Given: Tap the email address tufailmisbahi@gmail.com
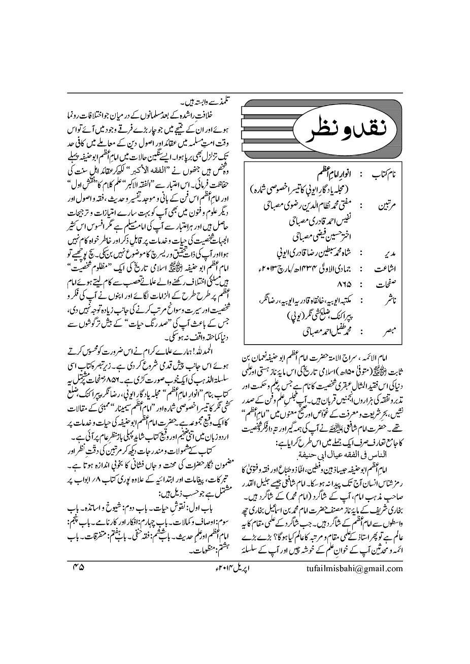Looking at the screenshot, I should pyautogui.click(x=355, y=568).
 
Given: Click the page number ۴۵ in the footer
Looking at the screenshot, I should pyautogui.click(x=78, y=568).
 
